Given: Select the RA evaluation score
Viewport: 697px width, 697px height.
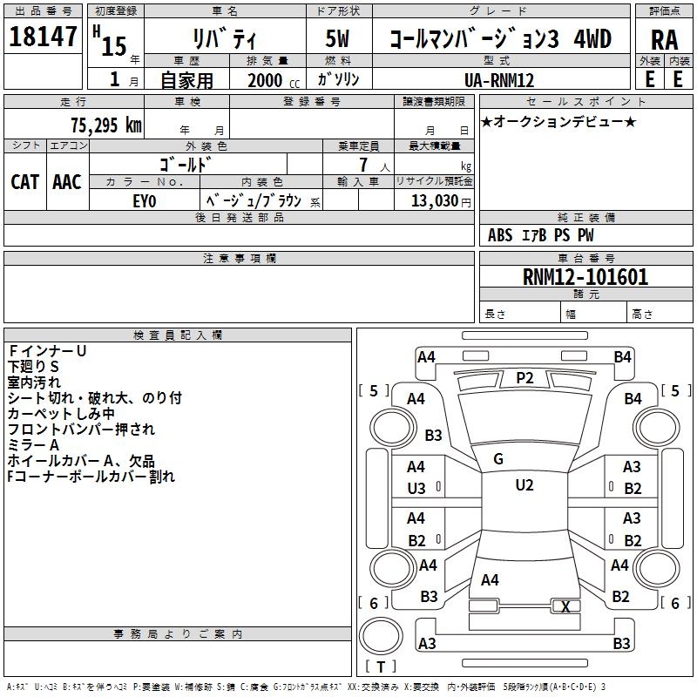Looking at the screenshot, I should tap(665, 39).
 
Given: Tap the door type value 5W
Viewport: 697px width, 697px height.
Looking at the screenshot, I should tap(338, 39).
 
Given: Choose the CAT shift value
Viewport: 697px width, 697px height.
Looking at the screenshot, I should tap(25, 182).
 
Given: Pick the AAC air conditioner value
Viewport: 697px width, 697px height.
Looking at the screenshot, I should tap(67, 182).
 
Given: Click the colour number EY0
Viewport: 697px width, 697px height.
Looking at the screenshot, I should tap(145, 200).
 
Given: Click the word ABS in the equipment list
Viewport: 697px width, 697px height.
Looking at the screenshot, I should tap(500, 235).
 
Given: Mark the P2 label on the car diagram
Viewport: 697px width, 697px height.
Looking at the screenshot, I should tap(524, 377).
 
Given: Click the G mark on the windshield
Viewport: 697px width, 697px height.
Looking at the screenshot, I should tap(498, 459).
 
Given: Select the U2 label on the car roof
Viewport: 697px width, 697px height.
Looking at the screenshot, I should tap(524, 485).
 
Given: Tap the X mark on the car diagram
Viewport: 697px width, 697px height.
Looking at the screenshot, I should tap(566, 607).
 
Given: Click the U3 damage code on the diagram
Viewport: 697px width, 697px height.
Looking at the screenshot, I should tap(416, 489).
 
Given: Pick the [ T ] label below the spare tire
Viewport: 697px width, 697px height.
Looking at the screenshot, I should tap(381, 667).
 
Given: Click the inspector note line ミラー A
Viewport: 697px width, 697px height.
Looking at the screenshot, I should tap(34, 445).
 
